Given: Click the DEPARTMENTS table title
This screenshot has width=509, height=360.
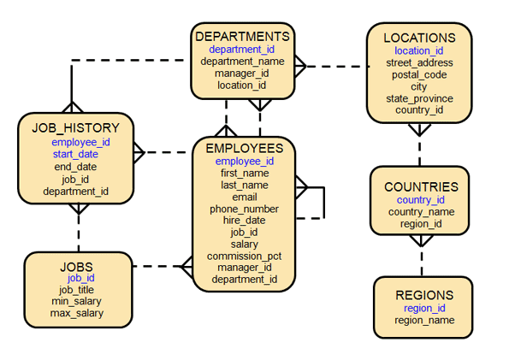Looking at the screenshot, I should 243,37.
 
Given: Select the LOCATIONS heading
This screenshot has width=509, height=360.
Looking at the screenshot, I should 419,38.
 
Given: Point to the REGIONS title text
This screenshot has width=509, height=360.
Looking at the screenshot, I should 424,295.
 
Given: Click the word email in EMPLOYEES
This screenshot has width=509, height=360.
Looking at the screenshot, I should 245,197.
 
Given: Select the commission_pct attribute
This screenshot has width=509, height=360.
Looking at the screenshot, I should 245,256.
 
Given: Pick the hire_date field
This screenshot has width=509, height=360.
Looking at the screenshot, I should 245,220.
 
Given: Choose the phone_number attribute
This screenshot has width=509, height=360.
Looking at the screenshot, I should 245,209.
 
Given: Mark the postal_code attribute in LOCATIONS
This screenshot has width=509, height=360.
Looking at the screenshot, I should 419,74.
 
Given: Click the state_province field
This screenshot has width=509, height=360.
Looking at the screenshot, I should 419,98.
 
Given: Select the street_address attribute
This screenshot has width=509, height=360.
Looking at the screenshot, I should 419,62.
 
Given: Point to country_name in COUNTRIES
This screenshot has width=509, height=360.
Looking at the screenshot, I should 421,212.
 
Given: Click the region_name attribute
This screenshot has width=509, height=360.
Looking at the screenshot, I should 424,321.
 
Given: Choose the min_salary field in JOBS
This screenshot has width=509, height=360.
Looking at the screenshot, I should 76,302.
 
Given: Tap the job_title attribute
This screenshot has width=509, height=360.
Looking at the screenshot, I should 76,290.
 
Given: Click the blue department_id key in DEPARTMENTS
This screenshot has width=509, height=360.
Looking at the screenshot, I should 242,50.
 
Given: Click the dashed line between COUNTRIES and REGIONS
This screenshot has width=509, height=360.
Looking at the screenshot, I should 420,255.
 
